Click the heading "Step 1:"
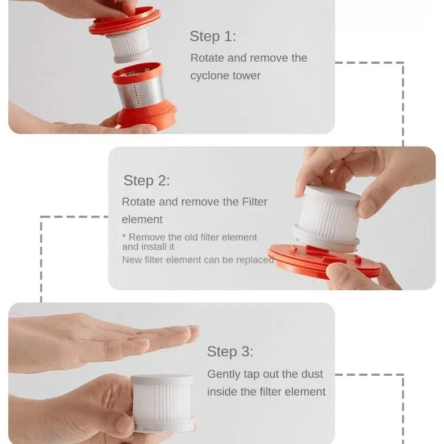coord(213,36)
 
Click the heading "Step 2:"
coord(147,181)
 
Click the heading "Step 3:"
coord(230,352)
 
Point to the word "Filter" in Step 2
coord(254,202)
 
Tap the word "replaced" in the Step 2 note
coord(255,260)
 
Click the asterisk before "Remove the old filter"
coord(124,236)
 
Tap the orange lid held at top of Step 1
coord(125,22)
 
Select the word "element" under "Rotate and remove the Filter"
coord(142,219)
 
